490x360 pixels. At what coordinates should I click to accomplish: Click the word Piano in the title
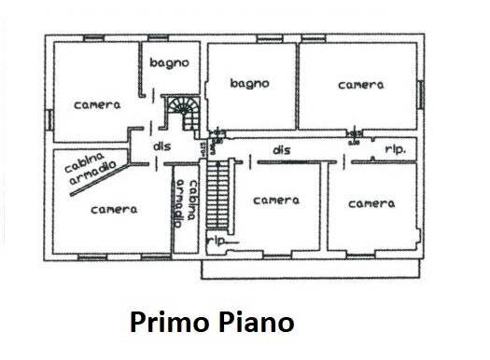point(256,323)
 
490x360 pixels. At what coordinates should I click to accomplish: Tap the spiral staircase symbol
point(182,112)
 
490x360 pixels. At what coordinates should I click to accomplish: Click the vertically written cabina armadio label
point(188,201)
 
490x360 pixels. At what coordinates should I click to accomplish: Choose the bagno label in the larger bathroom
point(249,83)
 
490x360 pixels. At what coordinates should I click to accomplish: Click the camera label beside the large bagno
point(360,84)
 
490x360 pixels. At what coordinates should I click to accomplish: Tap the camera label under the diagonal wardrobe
point(113,210)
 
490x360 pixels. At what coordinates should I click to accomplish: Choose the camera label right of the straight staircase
point(276,201)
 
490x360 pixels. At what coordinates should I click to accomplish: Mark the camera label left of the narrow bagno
point(96,104)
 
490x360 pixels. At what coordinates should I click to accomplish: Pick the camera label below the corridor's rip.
point(369,202)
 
